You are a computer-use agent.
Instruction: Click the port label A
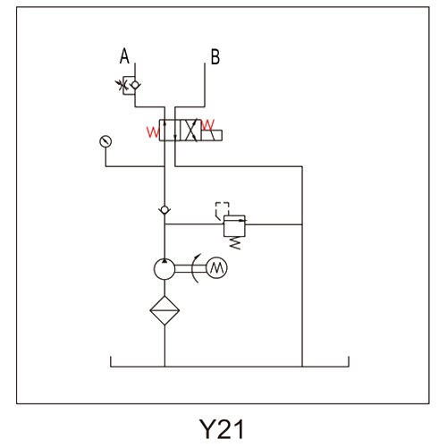pos(124,56)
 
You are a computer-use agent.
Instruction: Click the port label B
pos(215,56)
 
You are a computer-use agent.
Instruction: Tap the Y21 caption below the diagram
pos(222,429)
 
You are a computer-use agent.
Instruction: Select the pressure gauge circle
pos(105,141)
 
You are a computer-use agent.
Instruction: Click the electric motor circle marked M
pos(217,268)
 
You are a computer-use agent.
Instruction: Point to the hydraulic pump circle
pos(164,269)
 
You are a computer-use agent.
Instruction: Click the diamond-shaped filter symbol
pos(164,310)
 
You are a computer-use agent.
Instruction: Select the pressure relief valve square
pos(234,226)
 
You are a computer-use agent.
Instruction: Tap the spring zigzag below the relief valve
pos(235,243)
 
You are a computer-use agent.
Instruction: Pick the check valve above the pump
pos(164,210)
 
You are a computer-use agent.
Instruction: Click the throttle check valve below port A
pos(129,85)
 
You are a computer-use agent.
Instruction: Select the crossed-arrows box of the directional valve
pos(190,131)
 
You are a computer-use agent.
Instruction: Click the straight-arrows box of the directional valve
pos(170,131)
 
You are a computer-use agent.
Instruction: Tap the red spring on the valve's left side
pos(153,132)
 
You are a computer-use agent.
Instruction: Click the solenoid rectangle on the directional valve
pos(212,135)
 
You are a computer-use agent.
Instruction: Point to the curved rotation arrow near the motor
pos(196,268)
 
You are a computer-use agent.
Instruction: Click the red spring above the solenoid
pos(207,124)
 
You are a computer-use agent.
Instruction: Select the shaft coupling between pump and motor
pos(190,269)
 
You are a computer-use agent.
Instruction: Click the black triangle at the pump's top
pos(164,261)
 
